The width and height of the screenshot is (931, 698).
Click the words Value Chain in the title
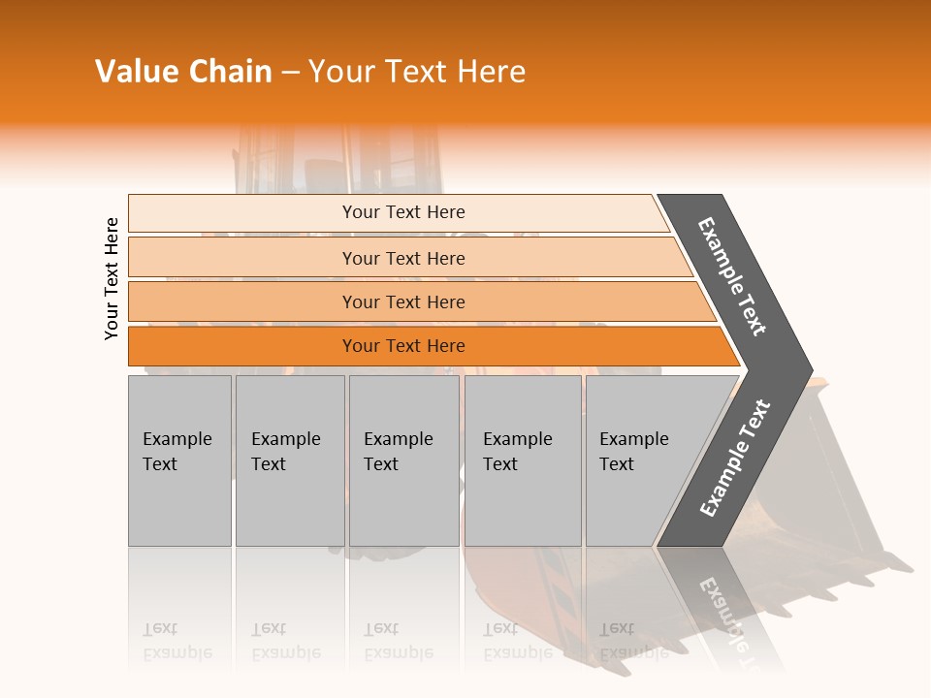click(183, 72)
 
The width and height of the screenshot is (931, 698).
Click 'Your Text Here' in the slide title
click(417, 72)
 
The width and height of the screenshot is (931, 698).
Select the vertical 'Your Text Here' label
click(112, 278)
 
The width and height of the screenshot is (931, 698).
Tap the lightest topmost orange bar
click(398, 212)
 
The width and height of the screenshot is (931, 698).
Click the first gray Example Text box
click(179, 460)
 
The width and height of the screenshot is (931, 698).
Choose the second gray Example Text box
click(289, 460)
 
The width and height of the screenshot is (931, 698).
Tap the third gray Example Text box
click(403, 460)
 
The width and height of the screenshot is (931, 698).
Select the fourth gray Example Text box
click(522, 460)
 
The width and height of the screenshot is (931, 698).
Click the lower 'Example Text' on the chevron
click(735, 458)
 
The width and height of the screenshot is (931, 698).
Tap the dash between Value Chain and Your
click(290, 73)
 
